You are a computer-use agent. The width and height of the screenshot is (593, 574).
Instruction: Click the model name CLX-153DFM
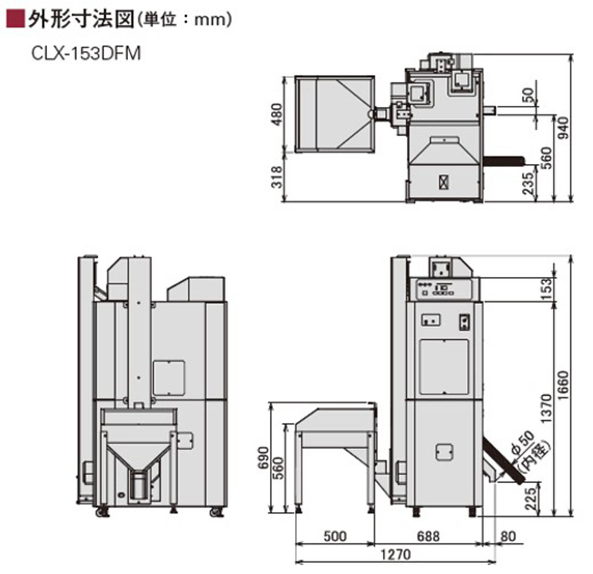point(86,54)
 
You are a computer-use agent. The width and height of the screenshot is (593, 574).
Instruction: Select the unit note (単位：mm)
point(184,20)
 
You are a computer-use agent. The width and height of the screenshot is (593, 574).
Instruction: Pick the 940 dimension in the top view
point(563,129)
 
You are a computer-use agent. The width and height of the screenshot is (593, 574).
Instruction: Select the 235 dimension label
point(528,183)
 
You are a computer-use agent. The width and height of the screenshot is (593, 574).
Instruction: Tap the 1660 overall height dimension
point(563,385)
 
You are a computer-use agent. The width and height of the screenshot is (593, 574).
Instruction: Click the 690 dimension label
point(263,457)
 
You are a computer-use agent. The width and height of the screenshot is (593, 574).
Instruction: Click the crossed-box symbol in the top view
point(444,182)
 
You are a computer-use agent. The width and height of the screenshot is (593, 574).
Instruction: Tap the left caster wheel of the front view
point(102,512)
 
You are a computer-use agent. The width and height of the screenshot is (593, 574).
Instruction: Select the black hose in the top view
point(504,161)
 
